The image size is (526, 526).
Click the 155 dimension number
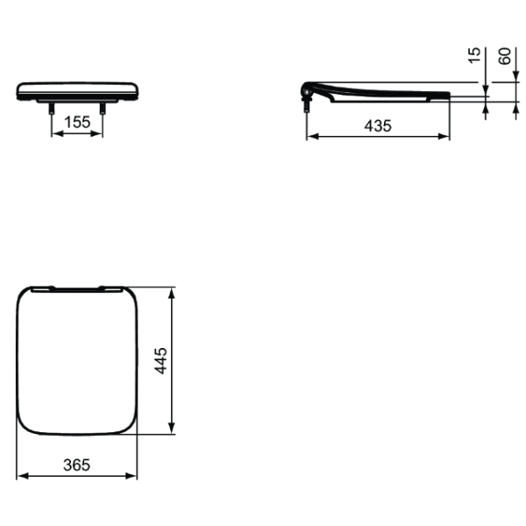(77, 123)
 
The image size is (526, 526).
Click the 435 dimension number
(378, 126)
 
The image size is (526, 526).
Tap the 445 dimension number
(160, 360)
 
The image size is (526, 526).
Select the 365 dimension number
(77, 466)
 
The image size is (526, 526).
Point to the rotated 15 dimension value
(474, 55)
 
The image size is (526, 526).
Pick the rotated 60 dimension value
(505, 56)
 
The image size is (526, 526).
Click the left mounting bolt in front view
(52, 109)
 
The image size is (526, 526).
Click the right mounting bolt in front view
(103, 109)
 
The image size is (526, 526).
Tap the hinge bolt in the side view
(307, 106)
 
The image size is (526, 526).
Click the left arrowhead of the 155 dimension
(58, 134)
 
